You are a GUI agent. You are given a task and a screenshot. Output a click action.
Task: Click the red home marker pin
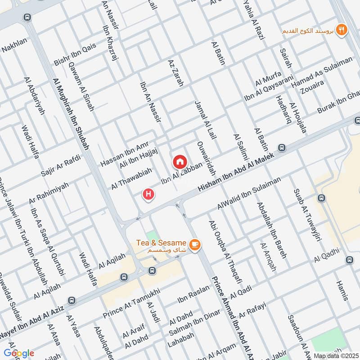(180, 161)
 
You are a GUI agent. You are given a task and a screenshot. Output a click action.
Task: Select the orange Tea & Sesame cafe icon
(194, 244)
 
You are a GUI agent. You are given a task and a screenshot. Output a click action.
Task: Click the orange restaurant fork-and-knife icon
(342, 30)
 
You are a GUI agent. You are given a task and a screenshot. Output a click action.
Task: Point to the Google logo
(18, 353)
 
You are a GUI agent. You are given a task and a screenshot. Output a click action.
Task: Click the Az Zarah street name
(176, 73)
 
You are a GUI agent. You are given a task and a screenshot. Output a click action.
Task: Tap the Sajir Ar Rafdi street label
(61, 165)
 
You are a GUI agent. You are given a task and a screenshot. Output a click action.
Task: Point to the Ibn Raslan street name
(193, 293)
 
